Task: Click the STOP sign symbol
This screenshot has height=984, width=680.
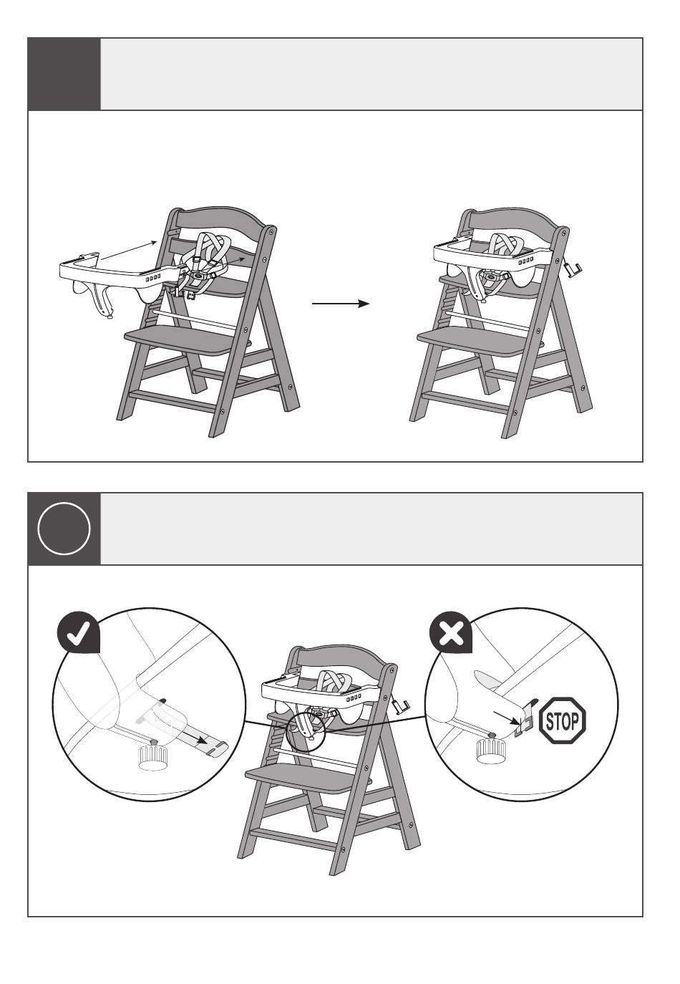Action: [562, 720]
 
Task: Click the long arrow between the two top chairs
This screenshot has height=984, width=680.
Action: [341, 304]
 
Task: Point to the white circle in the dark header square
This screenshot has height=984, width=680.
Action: [64, 529]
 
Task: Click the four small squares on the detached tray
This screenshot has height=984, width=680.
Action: [153, 279]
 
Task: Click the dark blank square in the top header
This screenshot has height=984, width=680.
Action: [64, 74]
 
